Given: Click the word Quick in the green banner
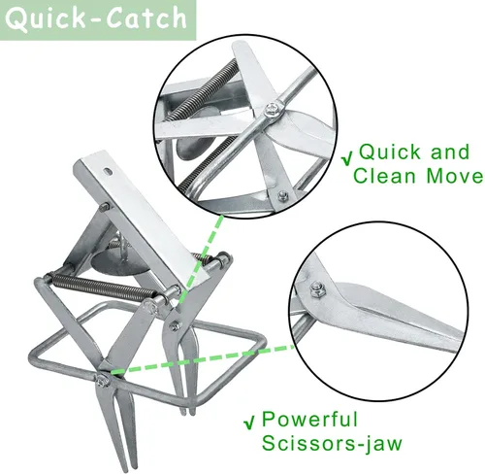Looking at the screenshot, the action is click(x=45, y=19).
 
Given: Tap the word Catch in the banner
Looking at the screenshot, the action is click(x=146, y=17).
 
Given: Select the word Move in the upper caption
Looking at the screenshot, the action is click(x=454, y=176).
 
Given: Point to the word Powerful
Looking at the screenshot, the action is click(x=309, y=419).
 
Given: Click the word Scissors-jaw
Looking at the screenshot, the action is click(x=332, y=444).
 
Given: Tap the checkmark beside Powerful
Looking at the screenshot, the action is click(x=249, y=423).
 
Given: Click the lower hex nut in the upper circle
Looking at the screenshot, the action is click(x=283, y=195).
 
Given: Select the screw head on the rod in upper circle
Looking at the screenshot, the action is click(x=272, y=109).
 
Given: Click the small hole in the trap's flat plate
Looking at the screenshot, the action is click(x=109, y=170).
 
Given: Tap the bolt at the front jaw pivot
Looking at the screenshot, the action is click(x=102, y=380).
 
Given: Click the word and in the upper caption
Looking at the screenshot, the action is click(x=450, y=152).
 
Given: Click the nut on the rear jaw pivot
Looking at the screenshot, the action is click(x=175, y=325).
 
